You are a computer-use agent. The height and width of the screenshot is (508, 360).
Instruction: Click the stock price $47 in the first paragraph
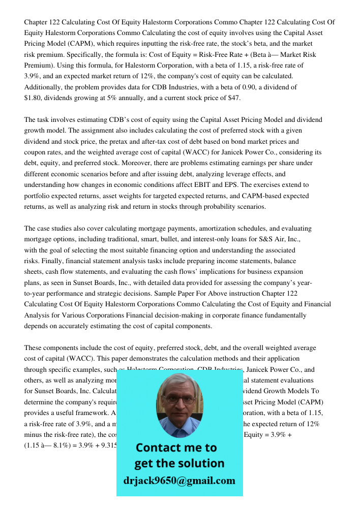pos(234,98)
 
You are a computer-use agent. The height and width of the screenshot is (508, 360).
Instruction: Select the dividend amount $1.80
pos(34,98)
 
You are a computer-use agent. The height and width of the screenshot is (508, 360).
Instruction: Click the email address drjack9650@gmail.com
pos(179,481)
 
